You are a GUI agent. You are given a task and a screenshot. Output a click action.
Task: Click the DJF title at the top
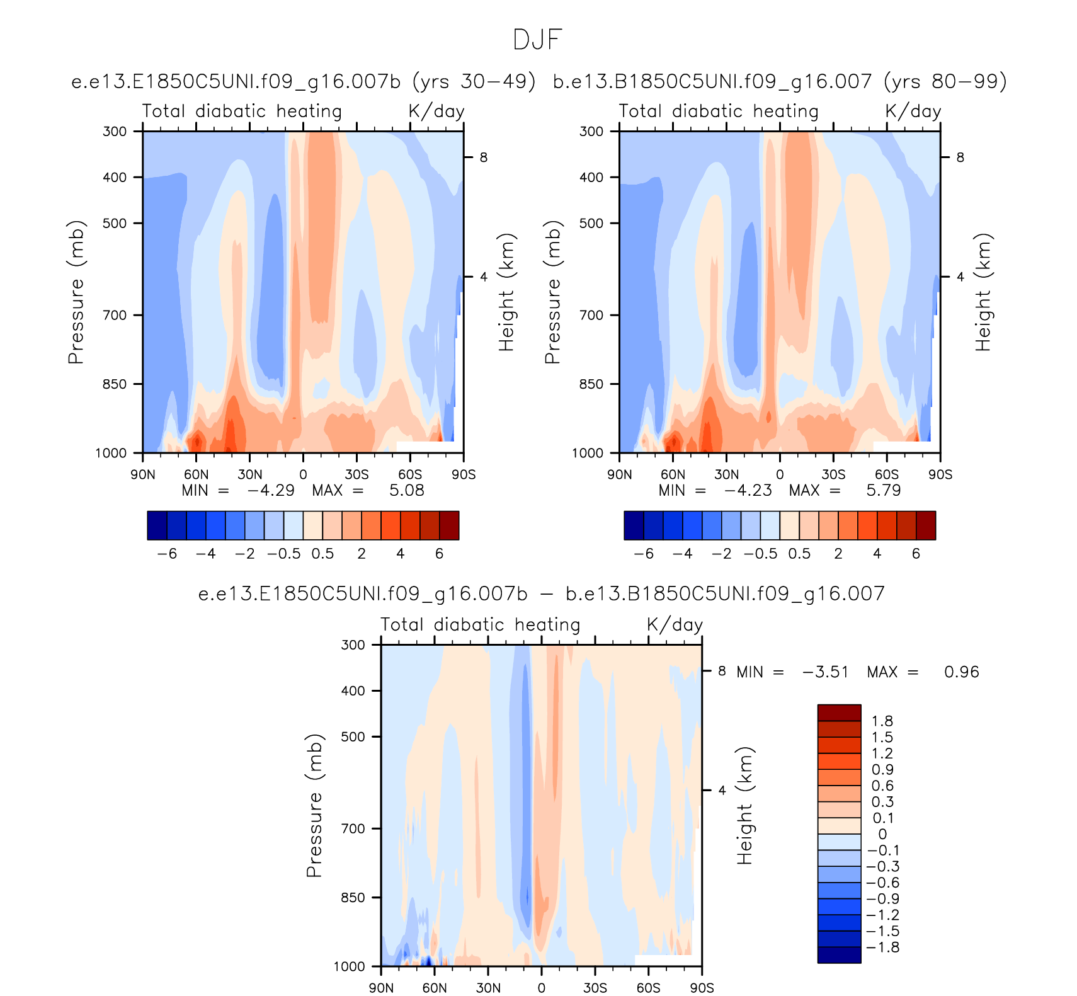(x=537, y=40)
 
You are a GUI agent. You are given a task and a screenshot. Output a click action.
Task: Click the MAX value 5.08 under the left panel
(x=406, y=490)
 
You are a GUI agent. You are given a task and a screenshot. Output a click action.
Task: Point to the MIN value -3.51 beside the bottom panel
(x=825, y=672)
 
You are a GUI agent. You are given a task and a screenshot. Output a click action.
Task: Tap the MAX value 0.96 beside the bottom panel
(x=961, y=672)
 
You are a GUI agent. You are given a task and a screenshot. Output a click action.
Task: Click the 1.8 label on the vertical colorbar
(x=882, y=721)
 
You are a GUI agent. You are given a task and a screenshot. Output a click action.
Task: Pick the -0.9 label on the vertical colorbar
(x=882, y=899)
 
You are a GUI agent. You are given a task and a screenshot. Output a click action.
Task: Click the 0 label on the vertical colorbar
(x=882, y=834)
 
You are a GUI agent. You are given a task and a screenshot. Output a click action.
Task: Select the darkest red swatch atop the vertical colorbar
(x=839, y=713)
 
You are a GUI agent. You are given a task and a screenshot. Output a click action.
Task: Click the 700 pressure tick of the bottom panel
(x=353, y=828)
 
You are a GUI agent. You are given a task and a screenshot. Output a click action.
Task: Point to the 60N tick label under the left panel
(x=196, y=474)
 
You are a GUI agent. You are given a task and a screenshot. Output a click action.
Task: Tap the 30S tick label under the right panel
(x=833, y=474)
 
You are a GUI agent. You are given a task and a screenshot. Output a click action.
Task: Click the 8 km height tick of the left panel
(x=483, y=157)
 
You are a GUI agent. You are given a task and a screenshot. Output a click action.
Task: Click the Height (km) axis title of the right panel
(x=983, y=292)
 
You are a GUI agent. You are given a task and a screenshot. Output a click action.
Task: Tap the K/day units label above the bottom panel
(x=675, y=625)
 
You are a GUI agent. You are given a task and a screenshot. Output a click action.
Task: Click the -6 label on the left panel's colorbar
(x=167, y=554)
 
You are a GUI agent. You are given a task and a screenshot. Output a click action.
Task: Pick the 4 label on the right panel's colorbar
(x=877, y=554)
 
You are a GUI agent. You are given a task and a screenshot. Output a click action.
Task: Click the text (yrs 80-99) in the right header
(x=945, y=82)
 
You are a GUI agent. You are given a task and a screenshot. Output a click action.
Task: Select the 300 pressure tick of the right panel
(x=591, y=131)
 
